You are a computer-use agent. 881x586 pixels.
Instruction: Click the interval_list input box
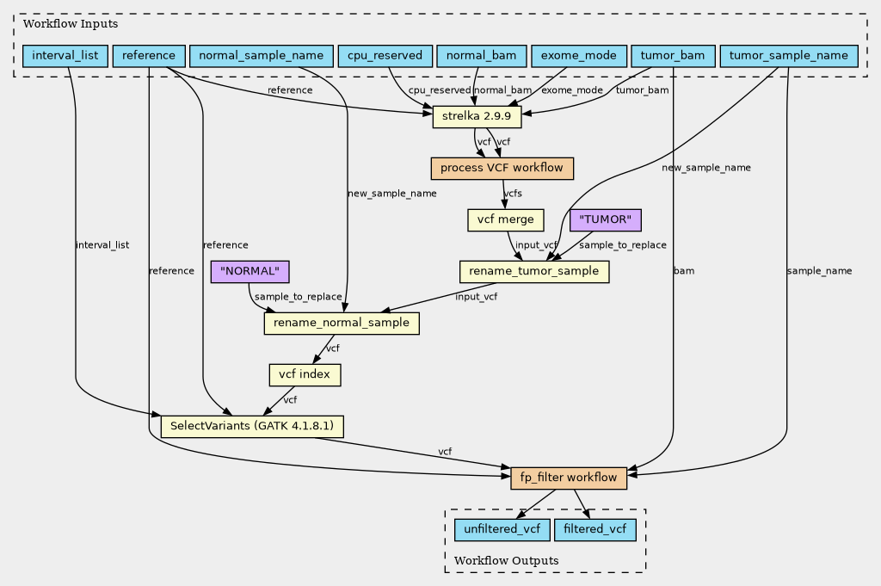pyautogui.click(x=65, y=57)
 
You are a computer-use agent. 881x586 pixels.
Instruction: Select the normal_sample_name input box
pyautogui.click(x=260, y=57)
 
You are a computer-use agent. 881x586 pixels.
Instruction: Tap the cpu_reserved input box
pyautogui.click(x=385, y=57)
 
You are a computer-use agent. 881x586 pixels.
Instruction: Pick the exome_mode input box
pyautogui.click(x=578, y=57)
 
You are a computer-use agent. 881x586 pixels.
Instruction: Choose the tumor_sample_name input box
pyautogui.click(x=788, y=57)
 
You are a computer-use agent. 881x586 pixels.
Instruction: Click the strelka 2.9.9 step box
pyautogui.click(x=476, y=116)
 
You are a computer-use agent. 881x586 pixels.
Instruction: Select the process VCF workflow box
pyautogui.click(x=502, y=168)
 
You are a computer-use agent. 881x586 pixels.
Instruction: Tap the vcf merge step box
pyautogui.click(x=506, y=220)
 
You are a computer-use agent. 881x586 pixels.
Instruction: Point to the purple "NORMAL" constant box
pyautogui.click(x=250, y=272)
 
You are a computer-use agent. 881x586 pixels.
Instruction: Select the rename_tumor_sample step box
pyautogui.click(x=534, y=272)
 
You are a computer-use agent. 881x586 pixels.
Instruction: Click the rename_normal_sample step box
pyautogui.click(x=342, y=324)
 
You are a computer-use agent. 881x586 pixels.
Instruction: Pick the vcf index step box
pyautogui.click(x=305, y=375)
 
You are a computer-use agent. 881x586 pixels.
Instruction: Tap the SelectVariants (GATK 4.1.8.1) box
pyautogui.click(x=252, y=426)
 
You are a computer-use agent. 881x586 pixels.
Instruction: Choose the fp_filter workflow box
pyautogui.click(x=568, y=478)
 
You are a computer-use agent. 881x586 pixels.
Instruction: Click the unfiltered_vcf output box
pyautogui.click(x=502, y=529)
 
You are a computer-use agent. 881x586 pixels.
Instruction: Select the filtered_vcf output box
pyautogui.click(x=595, y=529)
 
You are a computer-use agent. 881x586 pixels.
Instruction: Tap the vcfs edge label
pyautogui.click(x=513, y=194)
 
